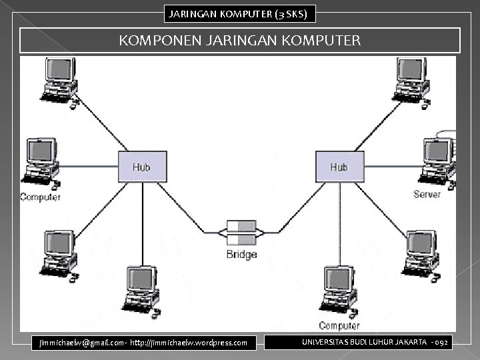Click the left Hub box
(x=142, y=166)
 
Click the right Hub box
(x=339, y=166)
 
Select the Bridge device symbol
(x=241, y=233)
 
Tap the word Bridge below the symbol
(x=241, y=255)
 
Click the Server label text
(x=427, y=195)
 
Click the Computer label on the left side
(x=41, y=197)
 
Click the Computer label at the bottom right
(x=339, y=325)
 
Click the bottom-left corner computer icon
(x=58, y=253)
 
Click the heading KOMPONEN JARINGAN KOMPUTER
(x=240, y=41)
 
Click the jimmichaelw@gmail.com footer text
(x=143, y=343)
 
